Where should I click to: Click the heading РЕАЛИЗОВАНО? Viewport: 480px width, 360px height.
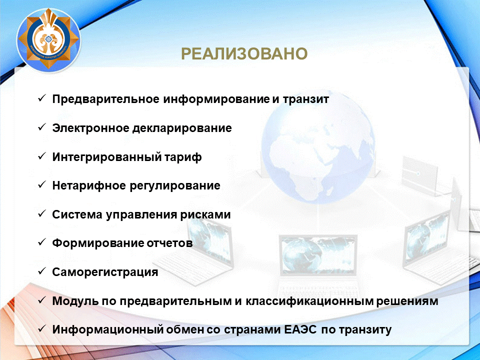[x=244, y=54]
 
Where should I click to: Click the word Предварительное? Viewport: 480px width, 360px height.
[x=106, y=99]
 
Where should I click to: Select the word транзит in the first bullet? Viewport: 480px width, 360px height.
[x=306, y=99]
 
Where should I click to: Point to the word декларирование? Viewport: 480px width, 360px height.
[x=182, y=128]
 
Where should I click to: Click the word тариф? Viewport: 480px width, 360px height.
[x=183, y=157]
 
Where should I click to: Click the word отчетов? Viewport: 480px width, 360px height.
[x=169, y=243]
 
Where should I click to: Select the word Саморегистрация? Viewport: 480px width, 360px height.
[x=105, y=272]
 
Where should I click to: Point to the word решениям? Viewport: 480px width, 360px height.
[x=407, y=301]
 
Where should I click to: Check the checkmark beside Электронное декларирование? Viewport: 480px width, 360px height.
[x=41, y=127]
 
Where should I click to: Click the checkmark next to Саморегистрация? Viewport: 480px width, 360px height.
[x=41, y=271]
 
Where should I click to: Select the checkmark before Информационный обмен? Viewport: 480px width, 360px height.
[x=41, y=329]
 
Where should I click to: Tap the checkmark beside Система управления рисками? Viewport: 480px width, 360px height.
[x=41, y=214]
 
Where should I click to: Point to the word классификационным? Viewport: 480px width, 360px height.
[x=309, y=301]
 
